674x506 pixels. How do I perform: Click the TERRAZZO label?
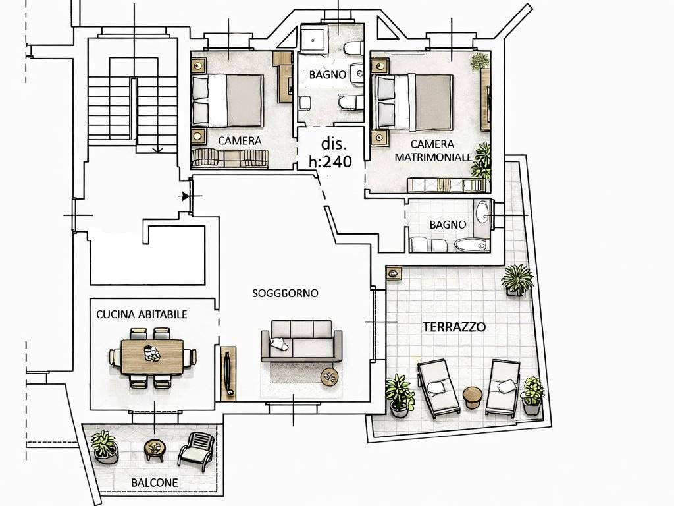[x=454, y=327]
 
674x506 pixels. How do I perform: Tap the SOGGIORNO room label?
[x=286, y=293]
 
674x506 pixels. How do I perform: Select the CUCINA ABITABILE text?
[x=142, y=314]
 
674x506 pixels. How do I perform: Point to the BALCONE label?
[x=154, y=483]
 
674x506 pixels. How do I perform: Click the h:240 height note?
[x=330, y=162]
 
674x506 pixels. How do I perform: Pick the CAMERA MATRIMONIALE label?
[x=433, y=151]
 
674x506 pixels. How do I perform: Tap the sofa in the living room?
[x=301, y=341]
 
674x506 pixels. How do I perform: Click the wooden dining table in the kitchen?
[x=153, y=356]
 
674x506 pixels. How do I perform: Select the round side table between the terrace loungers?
[x=473, y=397]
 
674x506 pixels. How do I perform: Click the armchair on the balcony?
[x=197, y=451]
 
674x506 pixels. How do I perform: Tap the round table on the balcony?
[x=154, y=449]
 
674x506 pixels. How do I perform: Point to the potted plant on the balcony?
[x=104, y=445]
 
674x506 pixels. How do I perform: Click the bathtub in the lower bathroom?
[x=471, y=245]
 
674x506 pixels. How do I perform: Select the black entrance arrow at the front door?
[x=185, y=196]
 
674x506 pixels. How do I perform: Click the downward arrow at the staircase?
[x=158, y=148]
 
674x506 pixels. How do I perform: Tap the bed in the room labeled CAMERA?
[x=227, y=101]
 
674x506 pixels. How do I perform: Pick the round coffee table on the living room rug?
[x=330, y=377]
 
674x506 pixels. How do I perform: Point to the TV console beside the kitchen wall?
[x=228, y=373]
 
